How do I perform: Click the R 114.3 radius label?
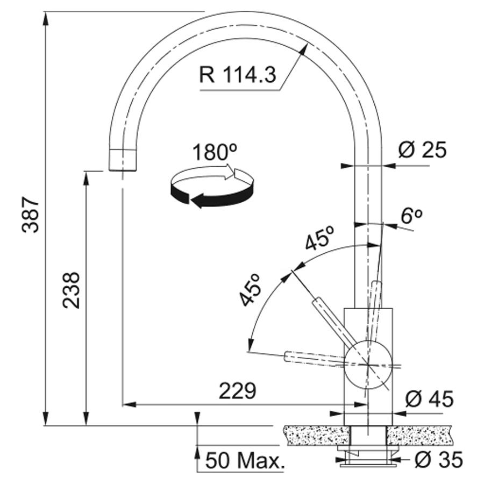pos(237,75)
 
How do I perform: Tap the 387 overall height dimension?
pos(31,215)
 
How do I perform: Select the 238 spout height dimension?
pos(72,290)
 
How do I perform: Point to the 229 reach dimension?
pos(238,391)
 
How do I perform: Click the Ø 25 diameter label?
pos(423,150)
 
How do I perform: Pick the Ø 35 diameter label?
pos(439,459)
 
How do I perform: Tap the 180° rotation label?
pos(215,152)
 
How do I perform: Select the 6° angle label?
pos(411,216)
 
